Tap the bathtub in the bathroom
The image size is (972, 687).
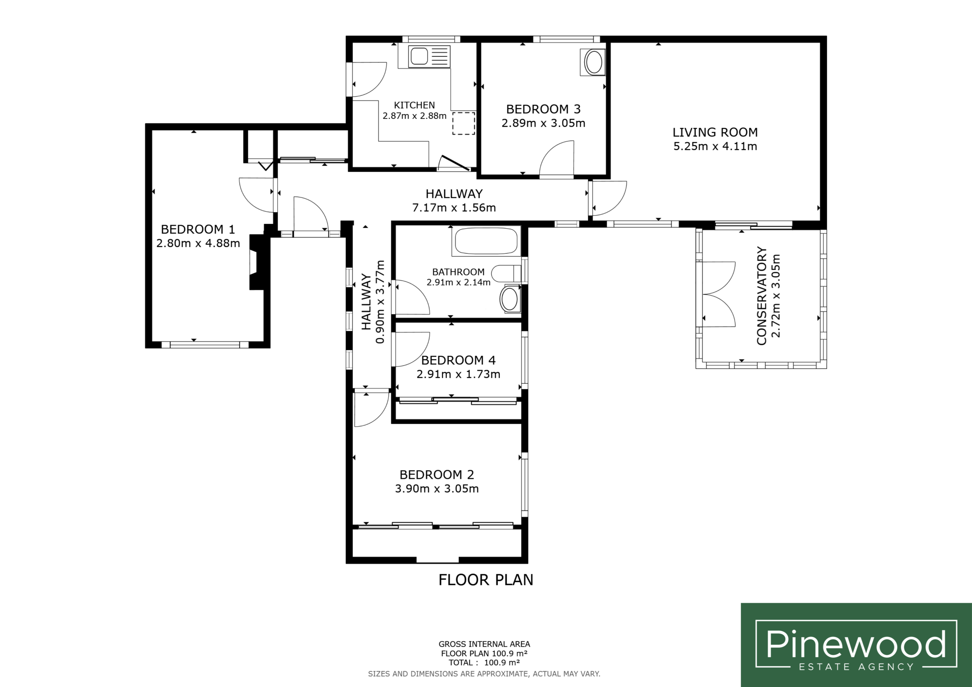click(x=486, y=241)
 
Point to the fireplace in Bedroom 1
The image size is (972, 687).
click(x=259, y=262)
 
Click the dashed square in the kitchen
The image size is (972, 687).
click(x=464, y=124)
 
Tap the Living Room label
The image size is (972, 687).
click(x=715, y=132)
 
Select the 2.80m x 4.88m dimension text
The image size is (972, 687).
click(x=198, y=243)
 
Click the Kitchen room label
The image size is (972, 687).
click(x=415, y=105)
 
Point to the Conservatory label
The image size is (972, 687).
click(x=762, y=296)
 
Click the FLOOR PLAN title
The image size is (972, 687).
click(x=486, y=580)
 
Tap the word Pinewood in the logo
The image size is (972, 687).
click(x=855, y=644)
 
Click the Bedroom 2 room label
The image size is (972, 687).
click(x=437, y=474)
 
